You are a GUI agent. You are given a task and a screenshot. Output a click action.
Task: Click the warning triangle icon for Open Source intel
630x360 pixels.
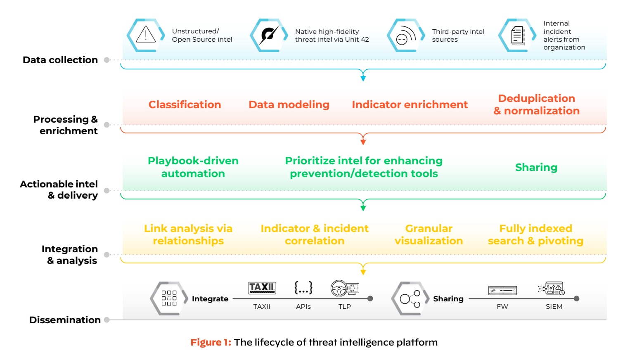pyautogui.click(x=145, y=35)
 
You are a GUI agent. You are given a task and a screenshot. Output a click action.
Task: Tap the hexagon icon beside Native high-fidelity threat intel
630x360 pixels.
pyautogui.click(x=269, y=35)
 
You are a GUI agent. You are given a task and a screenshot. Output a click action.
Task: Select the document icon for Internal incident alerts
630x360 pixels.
pyautogui.click(x=517, y=35)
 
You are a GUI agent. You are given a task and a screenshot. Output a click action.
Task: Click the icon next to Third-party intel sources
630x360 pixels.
pyautogui.click(x=405, y=35)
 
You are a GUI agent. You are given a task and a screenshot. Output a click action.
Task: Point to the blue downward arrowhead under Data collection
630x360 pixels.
pyautogui.click(x=363, y=78)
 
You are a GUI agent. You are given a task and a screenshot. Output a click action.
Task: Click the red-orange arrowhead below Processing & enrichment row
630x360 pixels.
pyautogui.click(x=363, y=142)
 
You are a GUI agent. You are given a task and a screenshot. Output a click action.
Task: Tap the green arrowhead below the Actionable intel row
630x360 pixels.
pyautogui.click(x=363, y=208)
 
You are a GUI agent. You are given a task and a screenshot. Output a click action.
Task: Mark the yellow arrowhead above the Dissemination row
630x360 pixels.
pyautogui.click(x=363, y=272)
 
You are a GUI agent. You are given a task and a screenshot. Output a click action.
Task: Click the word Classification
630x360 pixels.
pyautogui.click(x=185, y=105)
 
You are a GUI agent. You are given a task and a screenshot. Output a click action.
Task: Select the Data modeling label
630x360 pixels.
pyautogui.click(x=289, y=105)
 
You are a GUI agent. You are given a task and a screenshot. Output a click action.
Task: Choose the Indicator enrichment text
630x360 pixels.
pyautogui.click(x=410, y=105)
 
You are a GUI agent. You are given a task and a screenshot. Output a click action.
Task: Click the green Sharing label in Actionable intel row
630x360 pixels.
pyautogui.click(x=536, y=167)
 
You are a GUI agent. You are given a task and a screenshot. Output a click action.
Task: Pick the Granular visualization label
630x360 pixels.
pyautogui.click(x=429, y=234)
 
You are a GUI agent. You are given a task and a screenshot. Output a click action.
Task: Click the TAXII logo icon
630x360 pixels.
pyautogui.click(x=262, y=288)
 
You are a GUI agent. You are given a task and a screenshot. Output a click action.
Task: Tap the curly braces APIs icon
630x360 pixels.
pyautogui.click(x=303, y=288)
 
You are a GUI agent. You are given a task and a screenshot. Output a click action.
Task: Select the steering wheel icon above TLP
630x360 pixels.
pyautogui.click(x=340, y=288)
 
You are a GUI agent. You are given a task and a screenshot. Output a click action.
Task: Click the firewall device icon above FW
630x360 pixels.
pyautogui.click(x=502, y=290)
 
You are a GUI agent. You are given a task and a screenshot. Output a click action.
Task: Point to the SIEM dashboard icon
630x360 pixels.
pyautogui.click(x=552, y=288)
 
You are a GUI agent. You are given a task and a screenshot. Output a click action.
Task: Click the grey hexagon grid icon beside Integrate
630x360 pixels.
pyautogui.click(x=169, y=298)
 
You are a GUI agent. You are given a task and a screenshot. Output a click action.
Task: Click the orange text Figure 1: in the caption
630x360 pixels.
pyautogui.click(x=211, y=342)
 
